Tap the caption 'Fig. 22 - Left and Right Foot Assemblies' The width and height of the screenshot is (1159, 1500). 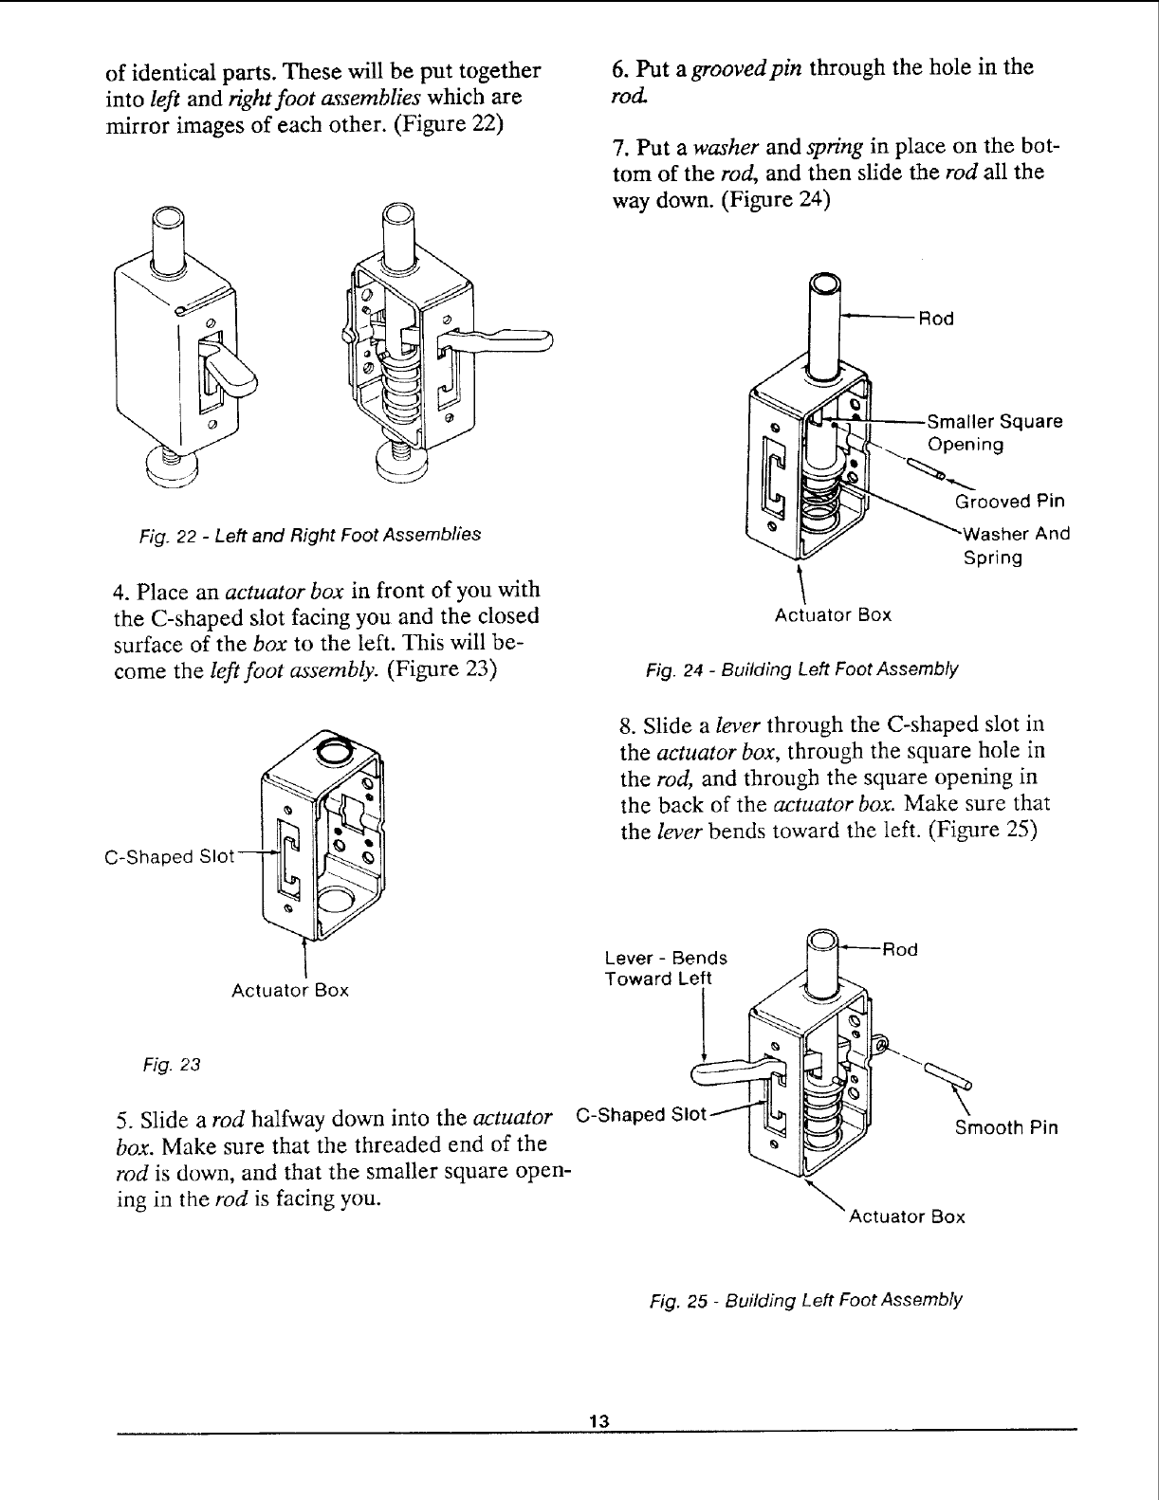[x=309, y=534]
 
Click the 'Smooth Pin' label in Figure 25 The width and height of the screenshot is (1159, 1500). [x=1006, y=1128]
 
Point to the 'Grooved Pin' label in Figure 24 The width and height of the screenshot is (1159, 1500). [x=1009, y=501]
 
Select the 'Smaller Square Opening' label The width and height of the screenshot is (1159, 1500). [x=994, y=432]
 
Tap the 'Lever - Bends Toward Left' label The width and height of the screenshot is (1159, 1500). [x=666, y=967]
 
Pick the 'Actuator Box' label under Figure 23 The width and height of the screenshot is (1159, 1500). [x=290, y=991]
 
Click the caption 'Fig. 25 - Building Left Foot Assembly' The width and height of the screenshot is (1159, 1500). [x=803, y=1299]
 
